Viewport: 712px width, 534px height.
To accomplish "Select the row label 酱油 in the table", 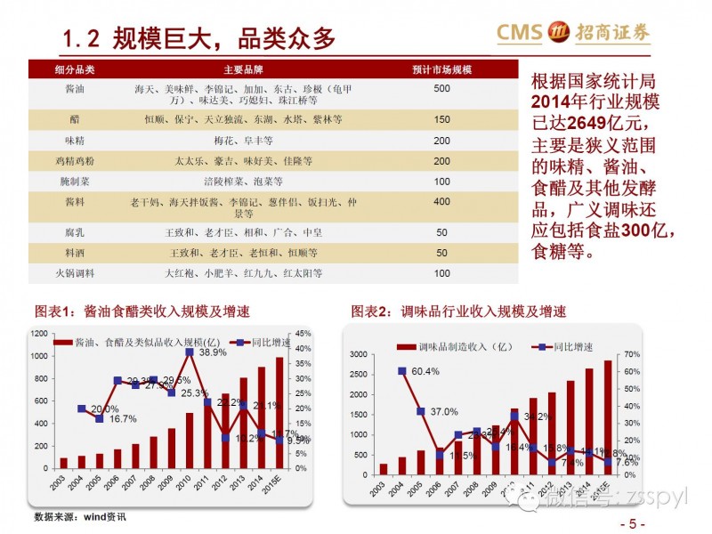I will tap(75, 89).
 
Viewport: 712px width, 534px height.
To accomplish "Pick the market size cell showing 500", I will tap(441, 89).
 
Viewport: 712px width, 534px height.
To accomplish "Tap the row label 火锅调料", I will tap(75, 273).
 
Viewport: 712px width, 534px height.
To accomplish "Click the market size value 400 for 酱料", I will tap(441, 202).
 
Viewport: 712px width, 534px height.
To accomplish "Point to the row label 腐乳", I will tap(75, 231).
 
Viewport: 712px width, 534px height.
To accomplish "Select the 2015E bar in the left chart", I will tap(279, 412).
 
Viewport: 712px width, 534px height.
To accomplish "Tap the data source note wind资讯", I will tap(80, 517).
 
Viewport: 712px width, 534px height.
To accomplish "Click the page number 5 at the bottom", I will tap(633, 524).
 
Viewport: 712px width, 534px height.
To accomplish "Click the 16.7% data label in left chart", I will tap(123, 418).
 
